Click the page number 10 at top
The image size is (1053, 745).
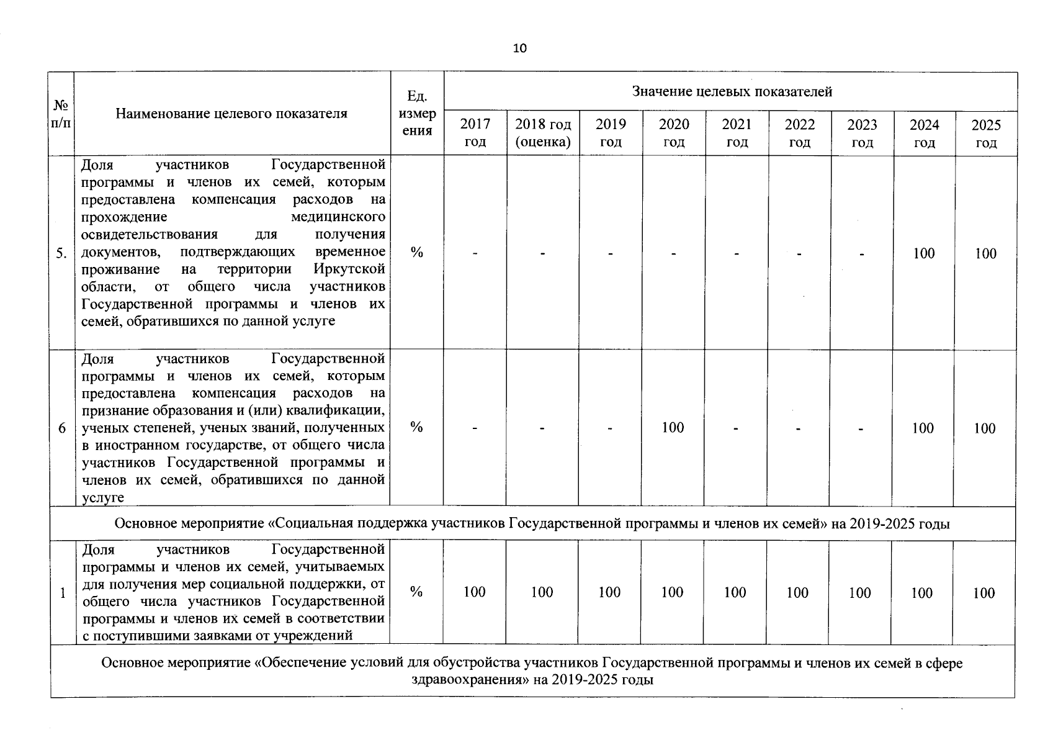pos(520,48)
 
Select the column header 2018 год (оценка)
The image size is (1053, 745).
pos(543,133)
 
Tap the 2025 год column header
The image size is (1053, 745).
pos(985,133)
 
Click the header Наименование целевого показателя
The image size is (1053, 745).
pos(231,113)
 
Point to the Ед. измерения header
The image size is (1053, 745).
pos(417,113)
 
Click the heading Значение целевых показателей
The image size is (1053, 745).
pos(732,92)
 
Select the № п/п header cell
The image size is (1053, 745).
pos(61,114)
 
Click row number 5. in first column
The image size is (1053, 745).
pos(61,253)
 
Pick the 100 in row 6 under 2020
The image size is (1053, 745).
pos(673,427)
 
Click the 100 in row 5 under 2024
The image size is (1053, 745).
pos(923,253)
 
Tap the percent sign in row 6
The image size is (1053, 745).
pos(416,427)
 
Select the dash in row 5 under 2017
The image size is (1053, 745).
pos(475,253)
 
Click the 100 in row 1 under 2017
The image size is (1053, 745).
pos(474,592)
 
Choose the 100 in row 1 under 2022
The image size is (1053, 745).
pos(797,593)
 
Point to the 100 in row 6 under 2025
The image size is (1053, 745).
pos(984,428)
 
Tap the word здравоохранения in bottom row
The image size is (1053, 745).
pos(469,680)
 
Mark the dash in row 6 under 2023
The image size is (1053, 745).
pos(861,428)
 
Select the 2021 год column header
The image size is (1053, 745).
pos(737,133)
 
